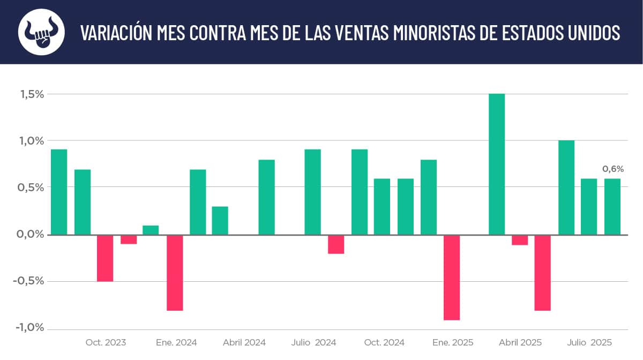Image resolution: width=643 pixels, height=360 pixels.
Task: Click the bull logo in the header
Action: click(x=41, y=32)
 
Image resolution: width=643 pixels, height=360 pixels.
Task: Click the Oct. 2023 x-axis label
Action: click(x=106, y=342)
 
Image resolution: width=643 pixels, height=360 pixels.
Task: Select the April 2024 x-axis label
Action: click(x=244, y=342)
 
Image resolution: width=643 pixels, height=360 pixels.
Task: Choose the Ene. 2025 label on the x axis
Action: click(x=453, y=342)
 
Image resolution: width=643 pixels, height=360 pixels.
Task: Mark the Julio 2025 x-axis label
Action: click(x=589, y=342)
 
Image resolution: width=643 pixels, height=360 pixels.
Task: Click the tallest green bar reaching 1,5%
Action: click(x=497, y=164)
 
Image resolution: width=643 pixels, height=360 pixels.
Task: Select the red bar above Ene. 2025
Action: click(x=452, y=277)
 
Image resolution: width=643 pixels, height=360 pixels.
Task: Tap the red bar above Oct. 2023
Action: click(x=105, y=258)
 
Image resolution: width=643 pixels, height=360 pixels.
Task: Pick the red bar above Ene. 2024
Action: click(x=175, y=272)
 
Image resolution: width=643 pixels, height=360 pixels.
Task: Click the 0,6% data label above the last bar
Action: click(x=613, y=169)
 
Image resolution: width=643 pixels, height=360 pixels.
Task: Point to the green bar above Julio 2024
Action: click(x=312, y=192)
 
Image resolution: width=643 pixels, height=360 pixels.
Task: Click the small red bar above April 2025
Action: click(x=520, y=239)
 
